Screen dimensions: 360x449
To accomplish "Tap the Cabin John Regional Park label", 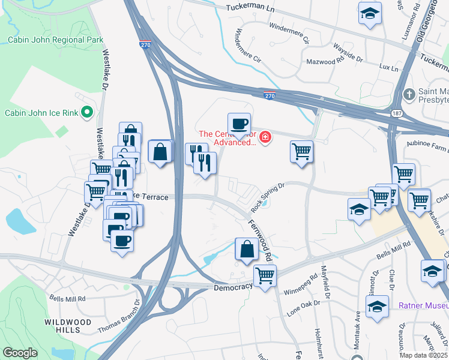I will tap(56, 40).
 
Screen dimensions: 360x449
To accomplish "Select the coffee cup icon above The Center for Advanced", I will tap(239, 124).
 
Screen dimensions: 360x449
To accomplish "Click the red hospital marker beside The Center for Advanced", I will tap(265, 139).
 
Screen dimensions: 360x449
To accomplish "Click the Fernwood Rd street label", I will tap(260, 239).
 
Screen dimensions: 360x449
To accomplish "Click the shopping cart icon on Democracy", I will tap(265, 276).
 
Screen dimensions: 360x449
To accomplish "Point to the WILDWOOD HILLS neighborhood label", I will tap(62, 326).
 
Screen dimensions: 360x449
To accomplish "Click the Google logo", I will tap(20, 353).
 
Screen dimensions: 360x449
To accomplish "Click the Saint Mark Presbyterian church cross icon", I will tap(409, 94).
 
